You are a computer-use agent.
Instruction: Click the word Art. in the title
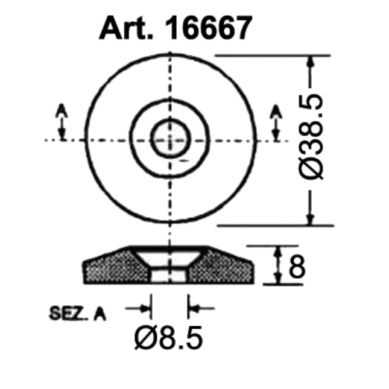tap(124, 28)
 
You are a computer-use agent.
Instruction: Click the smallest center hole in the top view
tap(169, 139)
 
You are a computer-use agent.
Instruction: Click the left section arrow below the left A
tap(62, 128)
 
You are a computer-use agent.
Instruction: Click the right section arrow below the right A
tap(276, 128)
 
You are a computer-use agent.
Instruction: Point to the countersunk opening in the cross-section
tap(169, 256)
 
